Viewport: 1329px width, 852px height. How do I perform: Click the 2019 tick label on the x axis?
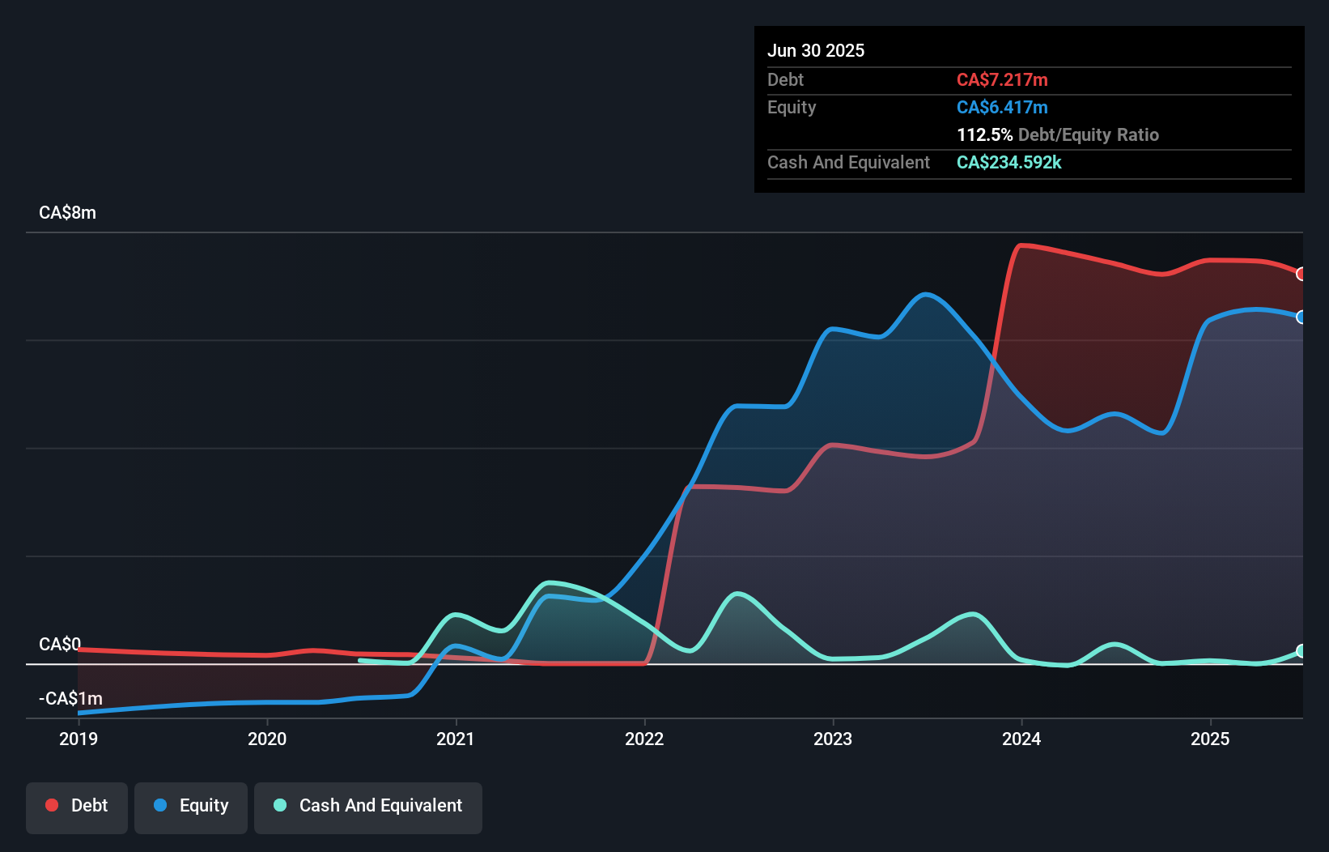click(79, 739)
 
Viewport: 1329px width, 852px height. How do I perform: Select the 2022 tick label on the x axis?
click(644, 739)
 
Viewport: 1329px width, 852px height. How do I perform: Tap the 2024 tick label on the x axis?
click(1021, 739)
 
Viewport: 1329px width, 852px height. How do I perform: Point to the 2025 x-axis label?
click(1210, 739)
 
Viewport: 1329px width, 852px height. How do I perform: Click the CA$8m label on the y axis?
click(67, 213)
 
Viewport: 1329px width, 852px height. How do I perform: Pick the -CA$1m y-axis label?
click(70, 698)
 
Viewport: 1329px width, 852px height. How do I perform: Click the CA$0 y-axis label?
click(60, 644)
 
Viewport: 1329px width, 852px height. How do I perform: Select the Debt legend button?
click(77, 806)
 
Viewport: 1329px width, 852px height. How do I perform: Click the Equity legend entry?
click(191, 806)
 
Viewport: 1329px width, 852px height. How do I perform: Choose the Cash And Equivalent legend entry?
click(368, 806)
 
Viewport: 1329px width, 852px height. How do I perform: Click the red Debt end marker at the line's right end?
click(1301, 274)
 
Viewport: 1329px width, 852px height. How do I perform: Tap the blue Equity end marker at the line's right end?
click(1301, 317)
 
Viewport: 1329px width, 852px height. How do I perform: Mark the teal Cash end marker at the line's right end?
click(1301, 651)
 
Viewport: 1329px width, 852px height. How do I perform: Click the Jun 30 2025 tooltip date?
click(816, 51)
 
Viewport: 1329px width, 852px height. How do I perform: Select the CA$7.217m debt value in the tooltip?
click(1002, 80)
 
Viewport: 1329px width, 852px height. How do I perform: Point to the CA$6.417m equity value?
click(1002, 108)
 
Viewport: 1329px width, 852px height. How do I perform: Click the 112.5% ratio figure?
click(984, 135)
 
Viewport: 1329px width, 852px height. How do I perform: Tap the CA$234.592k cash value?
click(1008, 163)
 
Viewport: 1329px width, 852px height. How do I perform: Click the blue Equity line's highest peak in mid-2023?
click(926, 294)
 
